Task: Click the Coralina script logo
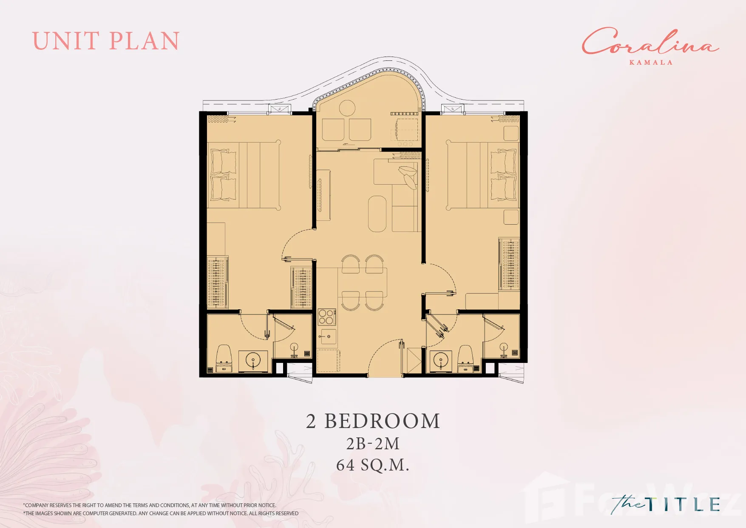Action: tap(650, 42)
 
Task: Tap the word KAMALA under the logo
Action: tap(651, 63)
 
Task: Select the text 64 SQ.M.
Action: tap(372, 465)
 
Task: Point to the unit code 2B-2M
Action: tap(373, 444)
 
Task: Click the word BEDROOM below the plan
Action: tap(382, 421)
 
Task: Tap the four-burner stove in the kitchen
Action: tap(327, 317)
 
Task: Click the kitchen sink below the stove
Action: tap(329, 337)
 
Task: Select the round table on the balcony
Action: tap(347, 108)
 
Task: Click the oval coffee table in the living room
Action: tap(377, 214)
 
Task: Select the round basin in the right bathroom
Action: tap(441, 361)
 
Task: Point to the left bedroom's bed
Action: tap(244, 175)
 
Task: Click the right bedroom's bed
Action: tap(482, 175)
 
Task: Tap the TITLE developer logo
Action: tap(666, 504)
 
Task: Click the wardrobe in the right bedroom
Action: tap(509, 264)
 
